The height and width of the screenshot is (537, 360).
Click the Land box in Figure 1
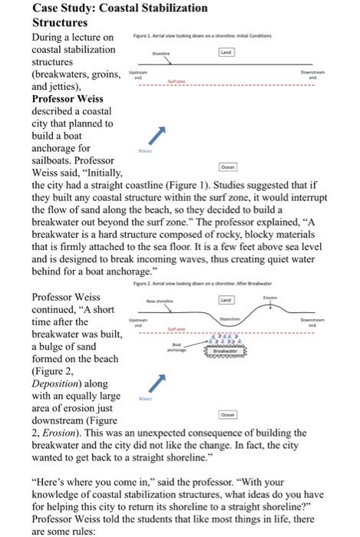[x=226, y=52]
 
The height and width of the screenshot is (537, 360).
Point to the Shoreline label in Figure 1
[x=161, y=54]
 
